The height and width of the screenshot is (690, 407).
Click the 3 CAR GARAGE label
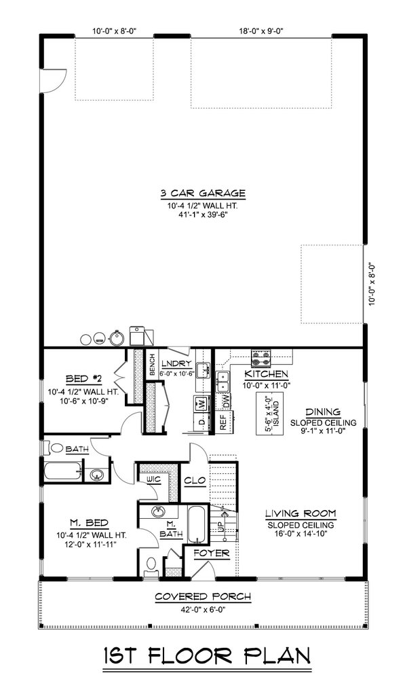(203, 194)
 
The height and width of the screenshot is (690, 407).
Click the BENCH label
(152, 365)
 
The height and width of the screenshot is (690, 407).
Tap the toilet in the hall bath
(56, 448)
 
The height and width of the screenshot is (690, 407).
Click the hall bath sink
(97, 473)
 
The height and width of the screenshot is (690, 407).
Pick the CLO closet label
(193, 479)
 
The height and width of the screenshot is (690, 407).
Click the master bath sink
(159, 511)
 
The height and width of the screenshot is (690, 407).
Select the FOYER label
(212, 553)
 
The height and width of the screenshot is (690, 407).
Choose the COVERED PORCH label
(203, 597)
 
